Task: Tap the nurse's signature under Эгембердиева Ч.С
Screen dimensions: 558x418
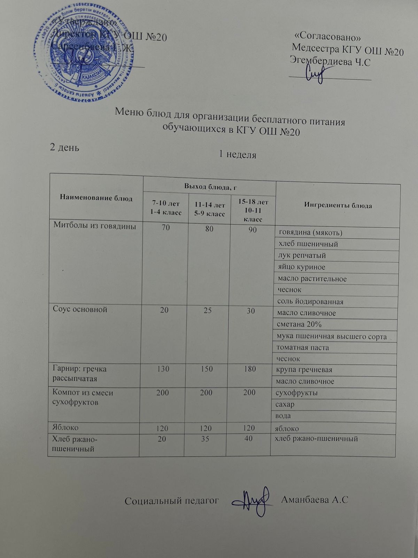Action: point(316,74)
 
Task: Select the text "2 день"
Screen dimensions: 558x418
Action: point(65,147)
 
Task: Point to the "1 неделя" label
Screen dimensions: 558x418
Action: point(238,155)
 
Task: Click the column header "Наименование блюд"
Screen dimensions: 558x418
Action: point(96,198)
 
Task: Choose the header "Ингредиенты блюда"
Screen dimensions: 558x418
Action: point(338,205)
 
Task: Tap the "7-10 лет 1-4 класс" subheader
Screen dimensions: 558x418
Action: point(166,208)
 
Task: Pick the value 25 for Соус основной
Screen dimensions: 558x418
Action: point(208,310)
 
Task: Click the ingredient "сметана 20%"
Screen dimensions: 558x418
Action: point(299,325)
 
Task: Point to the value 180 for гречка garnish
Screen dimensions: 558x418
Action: point(250,369)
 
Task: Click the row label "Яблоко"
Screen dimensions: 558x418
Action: point(65,427)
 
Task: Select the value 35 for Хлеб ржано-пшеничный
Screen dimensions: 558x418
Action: point(205,439)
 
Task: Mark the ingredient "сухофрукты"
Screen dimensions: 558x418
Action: point(296,393)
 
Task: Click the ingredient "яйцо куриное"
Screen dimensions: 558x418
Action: point(302,267)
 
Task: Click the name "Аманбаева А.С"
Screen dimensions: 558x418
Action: point(314,500)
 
